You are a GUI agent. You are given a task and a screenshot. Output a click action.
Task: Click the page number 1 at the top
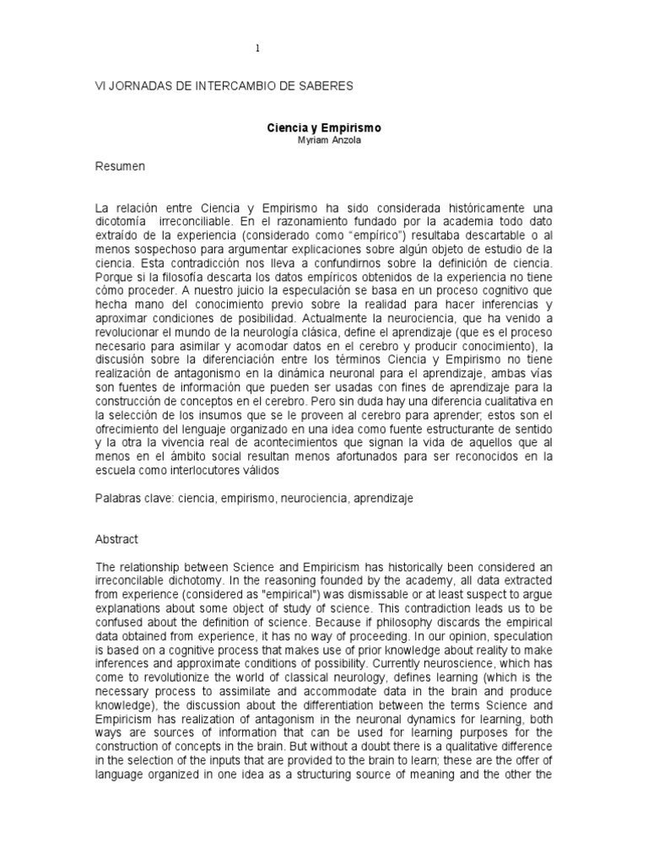click(257, 48)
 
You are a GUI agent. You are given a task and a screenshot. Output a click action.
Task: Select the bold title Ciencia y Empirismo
click(324, 128)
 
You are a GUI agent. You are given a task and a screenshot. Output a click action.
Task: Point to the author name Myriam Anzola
click(324, 140)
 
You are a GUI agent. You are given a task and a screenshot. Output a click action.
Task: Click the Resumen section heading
click(120, 167)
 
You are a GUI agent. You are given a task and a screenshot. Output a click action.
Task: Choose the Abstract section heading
click(116, 538)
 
